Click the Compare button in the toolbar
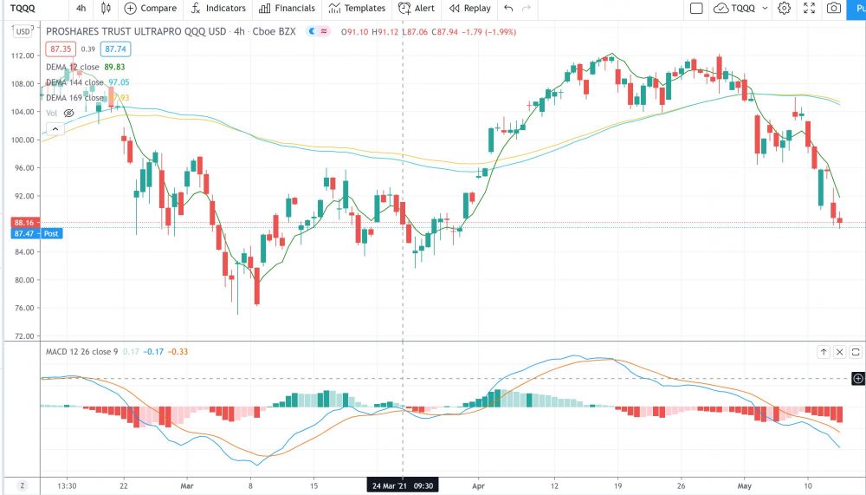[x=151, y=9]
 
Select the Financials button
[x=287, y=9]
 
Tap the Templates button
[x=357, y=9]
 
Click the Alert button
[x=417, y=9]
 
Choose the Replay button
[x=469, y=9]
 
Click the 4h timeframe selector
[x=81, y=9]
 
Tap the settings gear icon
[x=784, y=9]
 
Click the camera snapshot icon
[x=833, y=9]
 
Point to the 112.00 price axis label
[x=20, y=55]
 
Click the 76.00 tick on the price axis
[x=20, y=308]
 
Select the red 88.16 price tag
[x=20, y=223]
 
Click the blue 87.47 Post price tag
[x=36, y=233]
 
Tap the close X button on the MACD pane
[x=839, y=352]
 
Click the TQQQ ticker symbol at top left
[x=23, y=9]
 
